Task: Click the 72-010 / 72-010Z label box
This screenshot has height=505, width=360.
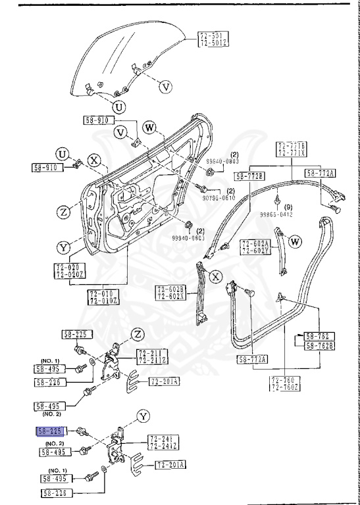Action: pyautogui.click(x=103, y=297)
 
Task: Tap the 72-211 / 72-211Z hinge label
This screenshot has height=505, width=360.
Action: pyautogui.click(x=151, y=356)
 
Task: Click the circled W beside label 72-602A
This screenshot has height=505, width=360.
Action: pyautogui.click(x=294, y=241)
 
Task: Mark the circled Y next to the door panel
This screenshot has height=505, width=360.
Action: pyautogui.click(x=63, y=248)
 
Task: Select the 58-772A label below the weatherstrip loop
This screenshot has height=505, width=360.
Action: pyautogui.click(x=252, y=360)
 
